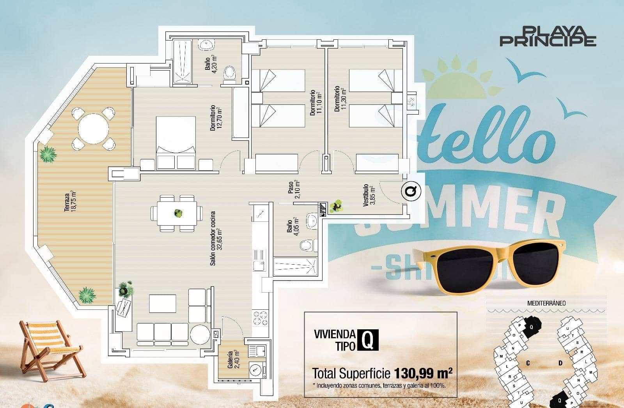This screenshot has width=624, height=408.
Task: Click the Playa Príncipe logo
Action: pos(548,36)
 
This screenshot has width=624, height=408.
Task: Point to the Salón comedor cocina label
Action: pos(213,238)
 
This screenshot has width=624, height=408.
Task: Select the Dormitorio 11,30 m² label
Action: pos(340,99)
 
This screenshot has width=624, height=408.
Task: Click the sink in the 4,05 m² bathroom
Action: pos(312,221)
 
